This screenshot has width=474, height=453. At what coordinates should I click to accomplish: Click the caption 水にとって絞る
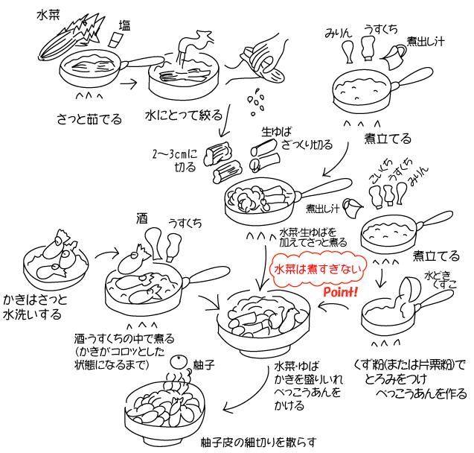pyautogui.click(x=183, y=116)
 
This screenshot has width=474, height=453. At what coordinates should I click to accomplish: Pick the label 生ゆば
pyautogui.click(x=273, y=132)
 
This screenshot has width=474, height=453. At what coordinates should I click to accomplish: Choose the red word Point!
pyautogui.click(x=342, y=292)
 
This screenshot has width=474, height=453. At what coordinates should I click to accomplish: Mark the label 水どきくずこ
pyautogui.click(x=438, y=279)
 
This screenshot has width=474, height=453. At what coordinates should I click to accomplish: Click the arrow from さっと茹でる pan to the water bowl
pyautogui.click(x=128, y=83)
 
